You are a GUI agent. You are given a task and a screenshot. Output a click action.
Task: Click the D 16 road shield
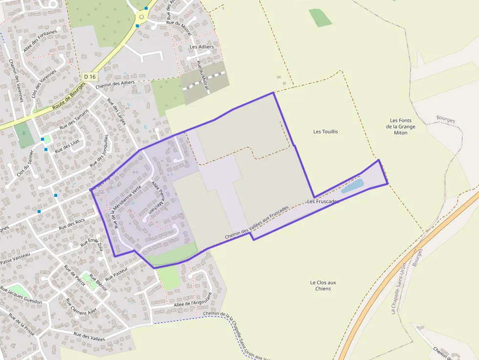pos(90,77)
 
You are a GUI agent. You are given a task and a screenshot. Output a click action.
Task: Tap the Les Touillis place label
pos(326,131)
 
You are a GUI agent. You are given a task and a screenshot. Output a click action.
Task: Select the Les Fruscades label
pos(323,201)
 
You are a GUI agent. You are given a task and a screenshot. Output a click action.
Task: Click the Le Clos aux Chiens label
pos(323,285)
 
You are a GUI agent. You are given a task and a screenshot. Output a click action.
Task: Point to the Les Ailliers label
pos(202,47)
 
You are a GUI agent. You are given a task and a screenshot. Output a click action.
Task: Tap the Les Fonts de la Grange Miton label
pos(401,127)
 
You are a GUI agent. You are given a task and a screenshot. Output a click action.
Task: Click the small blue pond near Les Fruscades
pos(352,186)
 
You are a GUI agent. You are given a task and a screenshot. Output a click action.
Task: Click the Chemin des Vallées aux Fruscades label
pos(257,223)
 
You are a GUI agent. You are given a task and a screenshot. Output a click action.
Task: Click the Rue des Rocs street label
pos(71,224)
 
